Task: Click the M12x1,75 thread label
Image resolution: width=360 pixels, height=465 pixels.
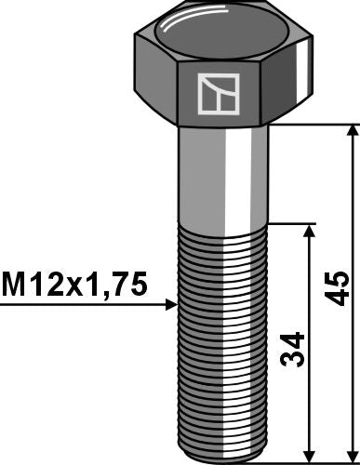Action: [x=74, y=284]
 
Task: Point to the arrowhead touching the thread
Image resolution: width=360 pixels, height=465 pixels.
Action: [x=170, y=304]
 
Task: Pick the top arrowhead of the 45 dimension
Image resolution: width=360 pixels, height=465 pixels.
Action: [x=350, y=131]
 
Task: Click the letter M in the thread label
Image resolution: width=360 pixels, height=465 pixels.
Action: [x=15, y=284]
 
